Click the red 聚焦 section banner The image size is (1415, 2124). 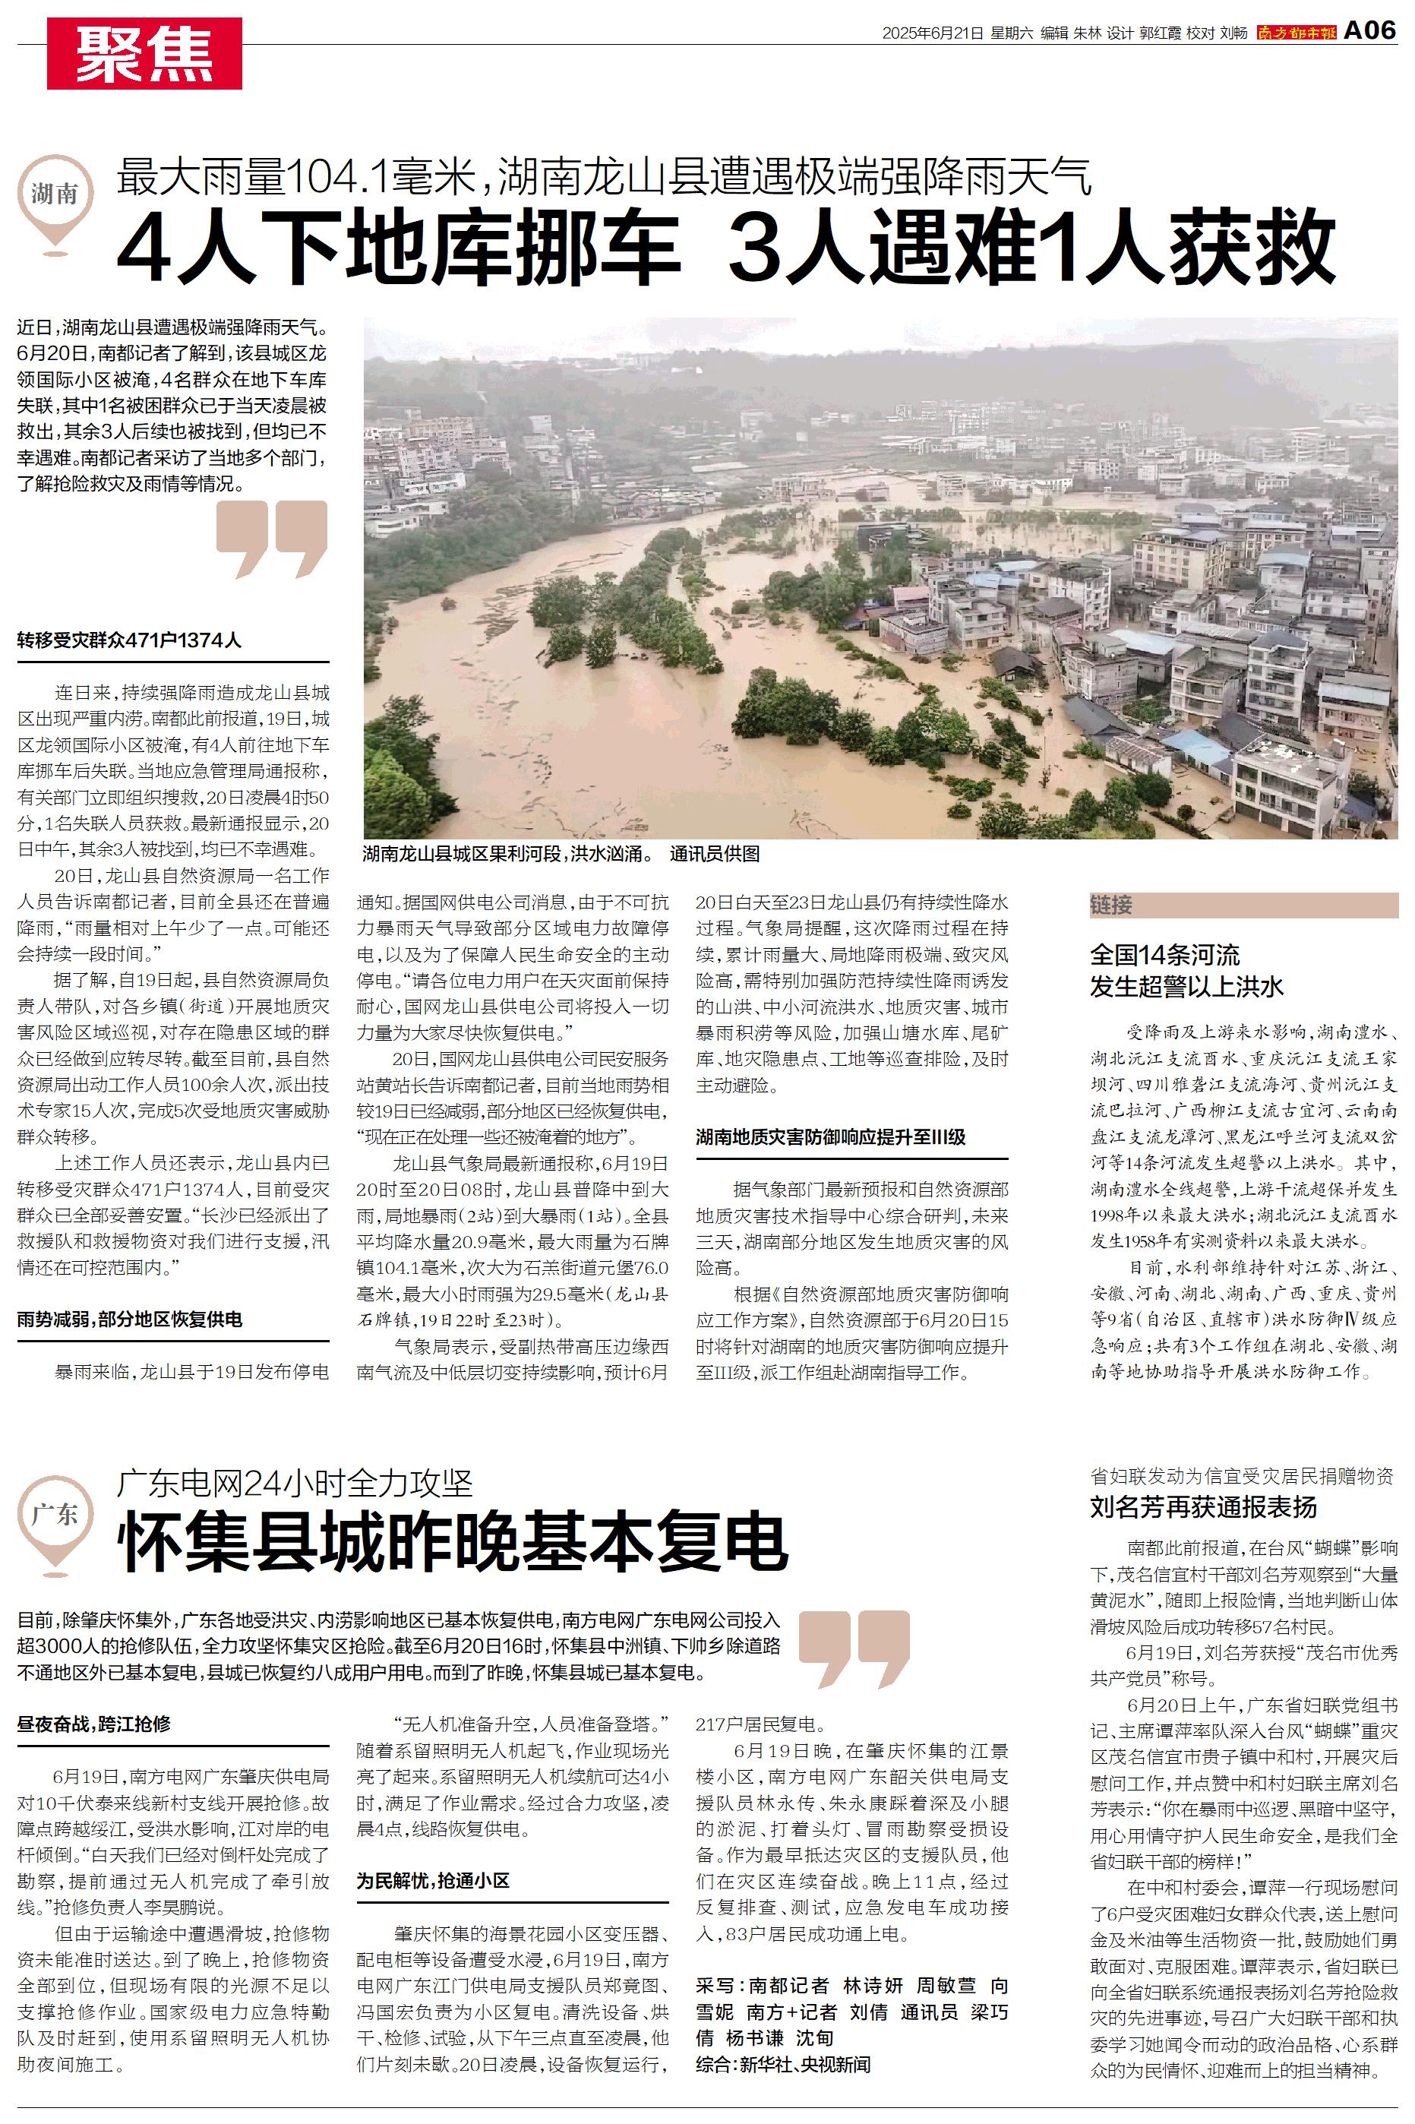144,54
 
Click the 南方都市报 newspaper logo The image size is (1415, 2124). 1296,33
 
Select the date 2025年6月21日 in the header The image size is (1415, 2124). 931,33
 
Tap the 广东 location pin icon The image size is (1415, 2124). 55,1520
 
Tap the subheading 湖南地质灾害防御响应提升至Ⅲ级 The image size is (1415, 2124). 830,1137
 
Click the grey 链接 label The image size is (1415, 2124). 1111,905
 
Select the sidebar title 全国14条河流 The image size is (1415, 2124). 1164,955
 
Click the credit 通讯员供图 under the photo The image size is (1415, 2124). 715,854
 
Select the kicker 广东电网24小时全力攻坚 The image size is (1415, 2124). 294,1482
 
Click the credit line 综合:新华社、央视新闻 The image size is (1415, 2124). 783,2063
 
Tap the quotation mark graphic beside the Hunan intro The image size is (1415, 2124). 272,538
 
